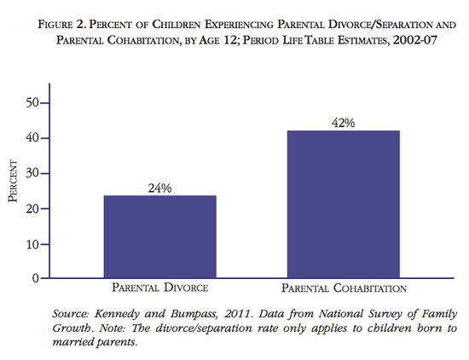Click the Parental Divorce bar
[x=160, y=237]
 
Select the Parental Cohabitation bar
[x=343, y=205]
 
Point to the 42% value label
[x=343, y=123]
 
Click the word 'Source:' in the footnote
[x=72, y=314]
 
